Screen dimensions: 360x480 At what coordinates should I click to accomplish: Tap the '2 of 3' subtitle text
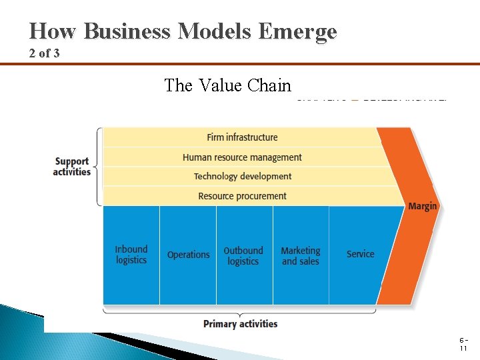pos(44,53)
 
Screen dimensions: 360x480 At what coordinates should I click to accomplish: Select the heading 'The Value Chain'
pos(228,85)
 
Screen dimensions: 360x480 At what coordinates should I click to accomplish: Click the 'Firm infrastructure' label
pos(242,137)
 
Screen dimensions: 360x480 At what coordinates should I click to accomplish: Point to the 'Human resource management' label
pos(242,157)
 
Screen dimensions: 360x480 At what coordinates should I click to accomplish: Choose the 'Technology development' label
pos(243,177)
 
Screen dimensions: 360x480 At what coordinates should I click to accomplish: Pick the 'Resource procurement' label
pos(242,196)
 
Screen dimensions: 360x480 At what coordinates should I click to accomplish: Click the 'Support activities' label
pos(72,167)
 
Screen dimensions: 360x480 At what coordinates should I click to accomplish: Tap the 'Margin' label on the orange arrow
pos(423,206)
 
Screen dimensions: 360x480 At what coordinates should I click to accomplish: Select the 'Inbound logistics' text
pos(131,255)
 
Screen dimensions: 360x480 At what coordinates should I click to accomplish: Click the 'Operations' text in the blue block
pos(188,255)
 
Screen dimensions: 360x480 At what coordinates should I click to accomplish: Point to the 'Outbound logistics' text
pos(243,256)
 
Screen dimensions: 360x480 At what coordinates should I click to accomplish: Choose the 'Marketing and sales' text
pos(300,256)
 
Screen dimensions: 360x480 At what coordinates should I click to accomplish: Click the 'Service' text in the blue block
pos(360,254)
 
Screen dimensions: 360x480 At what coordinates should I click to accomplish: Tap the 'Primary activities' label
pos(240,324)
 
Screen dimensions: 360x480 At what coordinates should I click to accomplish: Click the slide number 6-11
pos(462,344)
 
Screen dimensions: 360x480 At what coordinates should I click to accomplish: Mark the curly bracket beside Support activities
pos(99,167)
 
